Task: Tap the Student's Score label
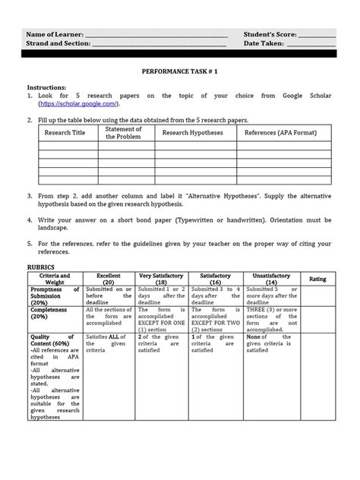[x=270, y=35]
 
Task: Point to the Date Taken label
[x=264, y=44]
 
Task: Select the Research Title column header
[x=68, y=133]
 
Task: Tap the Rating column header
[x=317, y=279]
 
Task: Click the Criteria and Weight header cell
[x=54, y=279]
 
